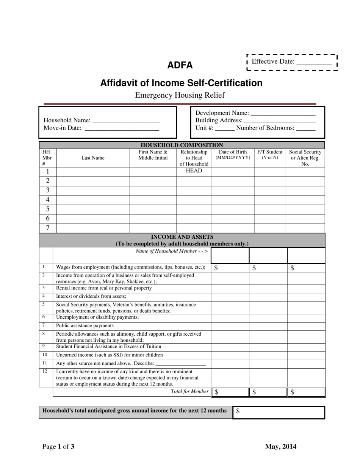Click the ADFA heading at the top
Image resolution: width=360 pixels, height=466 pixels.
[180, 65]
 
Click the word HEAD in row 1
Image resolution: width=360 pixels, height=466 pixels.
[194, 171]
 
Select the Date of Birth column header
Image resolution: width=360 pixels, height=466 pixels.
[233, 155]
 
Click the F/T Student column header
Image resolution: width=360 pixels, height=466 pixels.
[270, 155]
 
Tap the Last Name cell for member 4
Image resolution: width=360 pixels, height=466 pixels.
[93, 200]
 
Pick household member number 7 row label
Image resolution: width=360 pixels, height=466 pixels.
[48, 228]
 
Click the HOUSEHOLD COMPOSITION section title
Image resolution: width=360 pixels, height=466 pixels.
[182, 145]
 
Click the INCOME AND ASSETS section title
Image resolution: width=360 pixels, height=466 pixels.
[182, 237]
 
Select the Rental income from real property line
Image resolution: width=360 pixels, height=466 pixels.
[104, 288]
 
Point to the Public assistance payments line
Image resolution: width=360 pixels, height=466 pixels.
[85, 325]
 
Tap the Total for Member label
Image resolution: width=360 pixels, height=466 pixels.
[189, 391]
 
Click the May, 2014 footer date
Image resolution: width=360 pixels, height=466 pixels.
[280, 447]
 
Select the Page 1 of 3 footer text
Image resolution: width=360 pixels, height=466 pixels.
[58, 447]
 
